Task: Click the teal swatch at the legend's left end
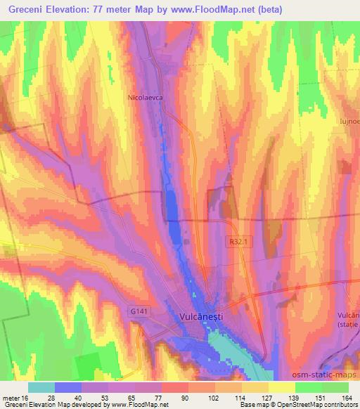41,387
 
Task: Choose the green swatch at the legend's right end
335,387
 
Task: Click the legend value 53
81,398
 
